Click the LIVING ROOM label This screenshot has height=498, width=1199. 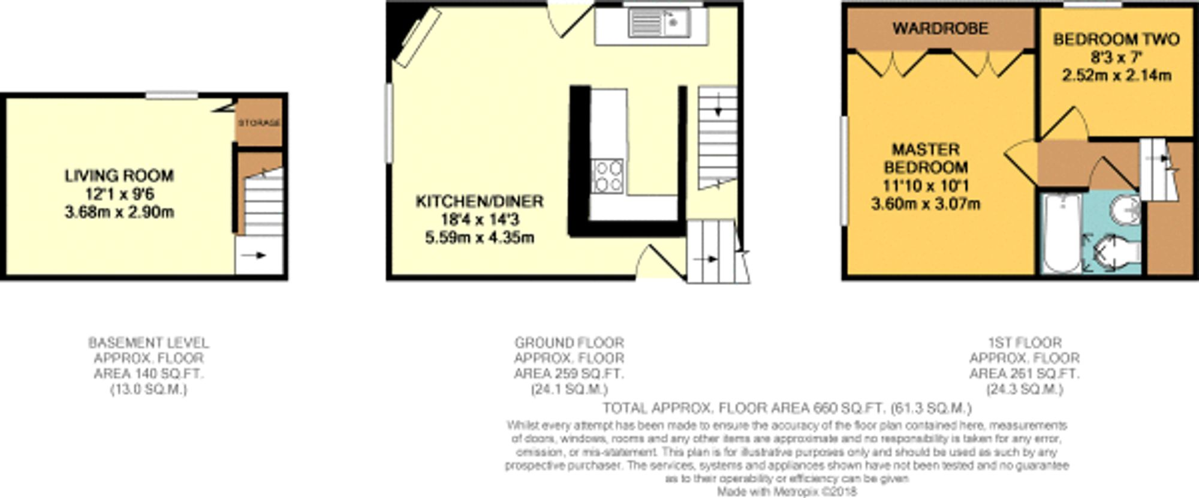[119, 176]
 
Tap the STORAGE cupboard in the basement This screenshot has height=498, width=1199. [259, 123]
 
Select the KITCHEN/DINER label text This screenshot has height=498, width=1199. [479, 201]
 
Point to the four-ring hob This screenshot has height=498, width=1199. [608, 176]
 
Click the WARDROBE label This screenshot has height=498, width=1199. [940, 28]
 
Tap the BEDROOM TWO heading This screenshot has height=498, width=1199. [1116, 40]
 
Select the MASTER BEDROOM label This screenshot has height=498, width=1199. [925, 158]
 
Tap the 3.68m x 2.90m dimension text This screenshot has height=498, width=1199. [119, 212]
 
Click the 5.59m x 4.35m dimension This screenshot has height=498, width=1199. [479, 238]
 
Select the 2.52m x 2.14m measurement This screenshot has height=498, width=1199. [1116, 76]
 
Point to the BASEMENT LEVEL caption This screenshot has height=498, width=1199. [149, 343]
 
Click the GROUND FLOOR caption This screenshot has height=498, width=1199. [569, 343]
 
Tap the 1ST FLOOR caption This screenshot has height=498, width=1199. [1025, 343]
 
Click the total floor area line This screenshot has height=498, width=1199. [787, 409]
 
